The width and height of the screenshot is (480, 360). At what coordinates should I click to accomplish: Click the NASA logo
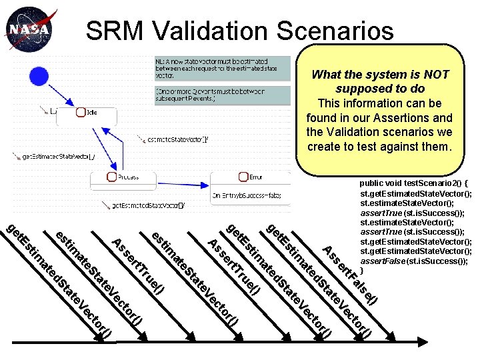[x=27, y=30]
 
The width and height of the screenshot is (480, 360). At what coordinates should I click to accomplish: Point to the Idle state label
[x=91, y=113]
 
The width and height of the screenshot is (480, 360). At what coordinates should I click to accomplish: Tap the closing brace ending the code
[x=362, y=271]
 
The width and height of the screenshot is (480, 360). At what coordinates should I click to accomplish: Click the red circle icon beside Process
[x=112, y=177]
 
